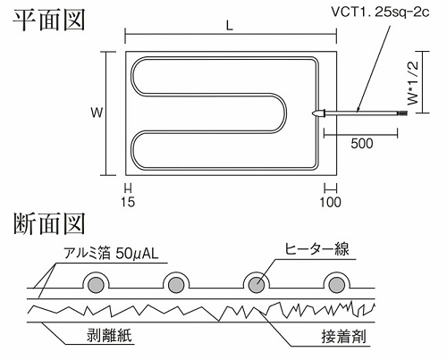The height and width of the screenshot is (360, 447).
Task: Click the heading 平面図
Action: (49, 20)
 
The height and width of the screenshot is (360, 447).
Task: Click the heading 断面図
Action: (49, 223)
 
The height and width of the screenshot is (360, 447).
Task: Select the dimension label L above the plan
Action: (229, 26)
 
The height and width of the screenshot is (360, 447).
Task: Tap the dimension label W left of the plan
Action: (97, 113)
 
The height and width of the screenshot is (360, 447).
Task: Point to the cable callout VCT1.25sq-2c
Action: (381, 13)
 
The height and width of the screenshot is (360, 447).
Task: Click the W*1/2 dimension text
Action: (413, 83)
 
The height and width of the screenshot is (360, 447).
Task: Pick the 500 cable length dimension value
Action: (362, 144)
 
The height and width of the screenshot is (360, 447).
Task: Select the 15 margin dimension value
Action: (128, 202)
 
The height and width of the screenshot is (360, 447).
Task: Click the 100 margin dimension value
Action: (331, 203)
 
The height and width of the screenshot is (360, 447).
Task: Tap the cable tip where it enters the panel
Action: (313, 113)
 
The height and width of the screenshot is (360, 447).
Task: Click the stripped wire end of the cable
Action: (402, 113)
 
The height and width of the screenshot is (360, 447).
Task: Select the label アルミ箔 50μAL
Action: (111, 254)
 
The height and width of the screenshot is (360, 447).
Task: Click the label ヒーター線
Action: (316, 249)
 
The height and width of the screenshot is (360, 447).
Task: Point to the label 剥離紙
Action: (109, 335)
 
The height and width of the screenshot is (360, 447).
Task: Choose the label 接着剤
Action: (343, 337)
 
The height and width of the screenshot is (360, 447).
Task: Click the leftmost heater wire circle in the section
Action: (96, 285)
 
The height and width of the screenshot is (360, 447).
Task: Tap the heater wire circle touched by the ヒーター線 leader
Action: (257, 285)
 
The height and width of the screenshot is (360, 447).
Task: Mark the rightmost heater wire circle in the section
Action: (337, 285)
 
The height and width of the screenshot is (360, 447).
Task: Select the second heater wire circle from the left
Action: (176, 285)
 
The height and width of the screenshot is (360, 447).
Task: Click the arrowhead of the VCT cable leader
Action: (358, 110)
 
